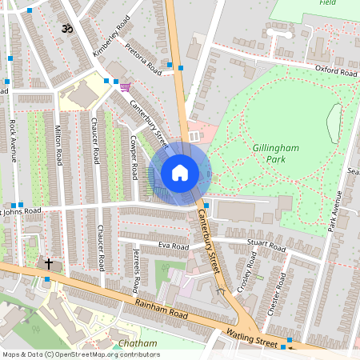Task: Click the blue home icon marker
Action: click(180, 173)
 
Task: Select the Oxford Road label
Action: click(335, 71)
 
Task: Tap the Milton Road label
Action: click(58, 145)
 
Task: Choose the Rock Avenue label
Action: click(14, 141)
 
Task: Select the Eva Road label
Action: click(173, 246)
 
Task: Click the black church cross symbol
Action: click(48, 263)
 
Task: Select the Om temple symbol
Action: click(66, 29)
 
